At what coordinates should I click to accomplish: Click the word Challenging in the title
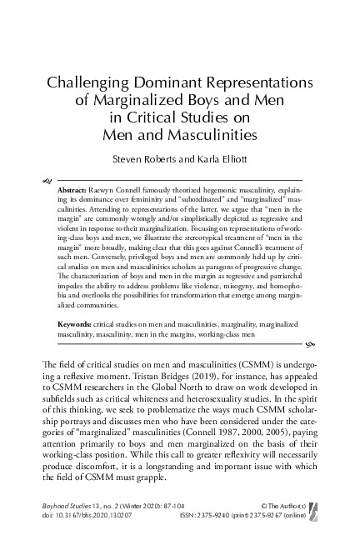(x=88, y=82)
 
